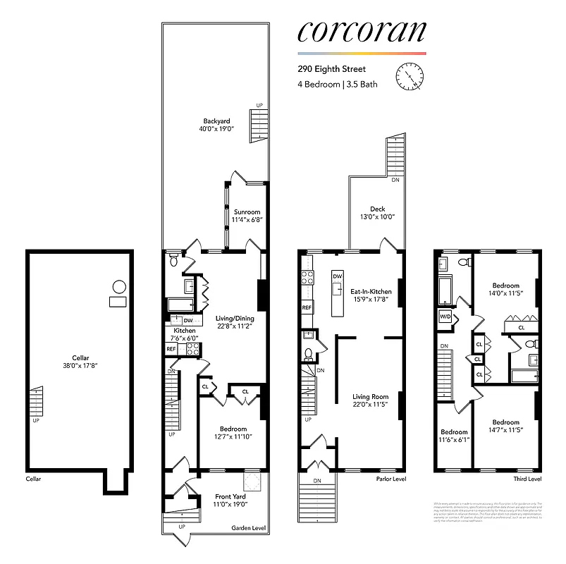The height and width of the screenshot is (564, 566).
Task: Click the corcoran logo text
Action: click(x=362, y=31)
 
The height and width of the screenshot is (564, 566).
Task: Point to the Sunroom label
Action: click(x=247, y=211)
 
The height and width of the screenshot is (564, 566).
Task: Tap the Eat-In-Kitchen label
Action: click(x=371, y=290)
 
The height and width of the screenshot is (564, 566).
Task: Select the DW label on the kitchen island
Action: click(x=338, y=276)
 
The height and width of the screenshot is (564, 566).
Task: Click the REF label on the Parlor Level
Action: click(x=307, y=308)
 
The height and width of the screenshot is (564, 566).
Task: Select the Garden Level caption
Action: click(x=249, y=528)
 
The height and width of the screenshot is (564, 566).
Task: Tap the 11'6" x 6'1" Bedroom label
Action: click(x=454, y=432)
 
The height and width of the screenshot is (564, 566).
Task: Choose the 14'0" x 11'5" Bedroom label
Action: click(x=503, y=290)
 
